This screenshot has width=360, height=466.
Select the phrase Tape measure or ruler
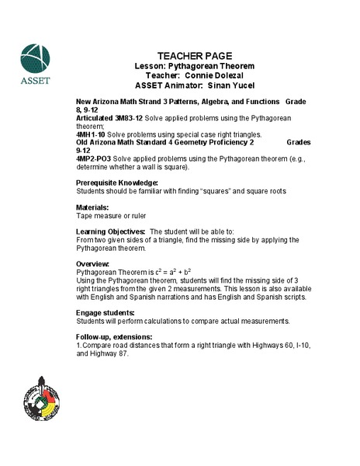111,215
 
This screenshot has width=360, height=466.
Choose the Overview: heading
94,264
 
